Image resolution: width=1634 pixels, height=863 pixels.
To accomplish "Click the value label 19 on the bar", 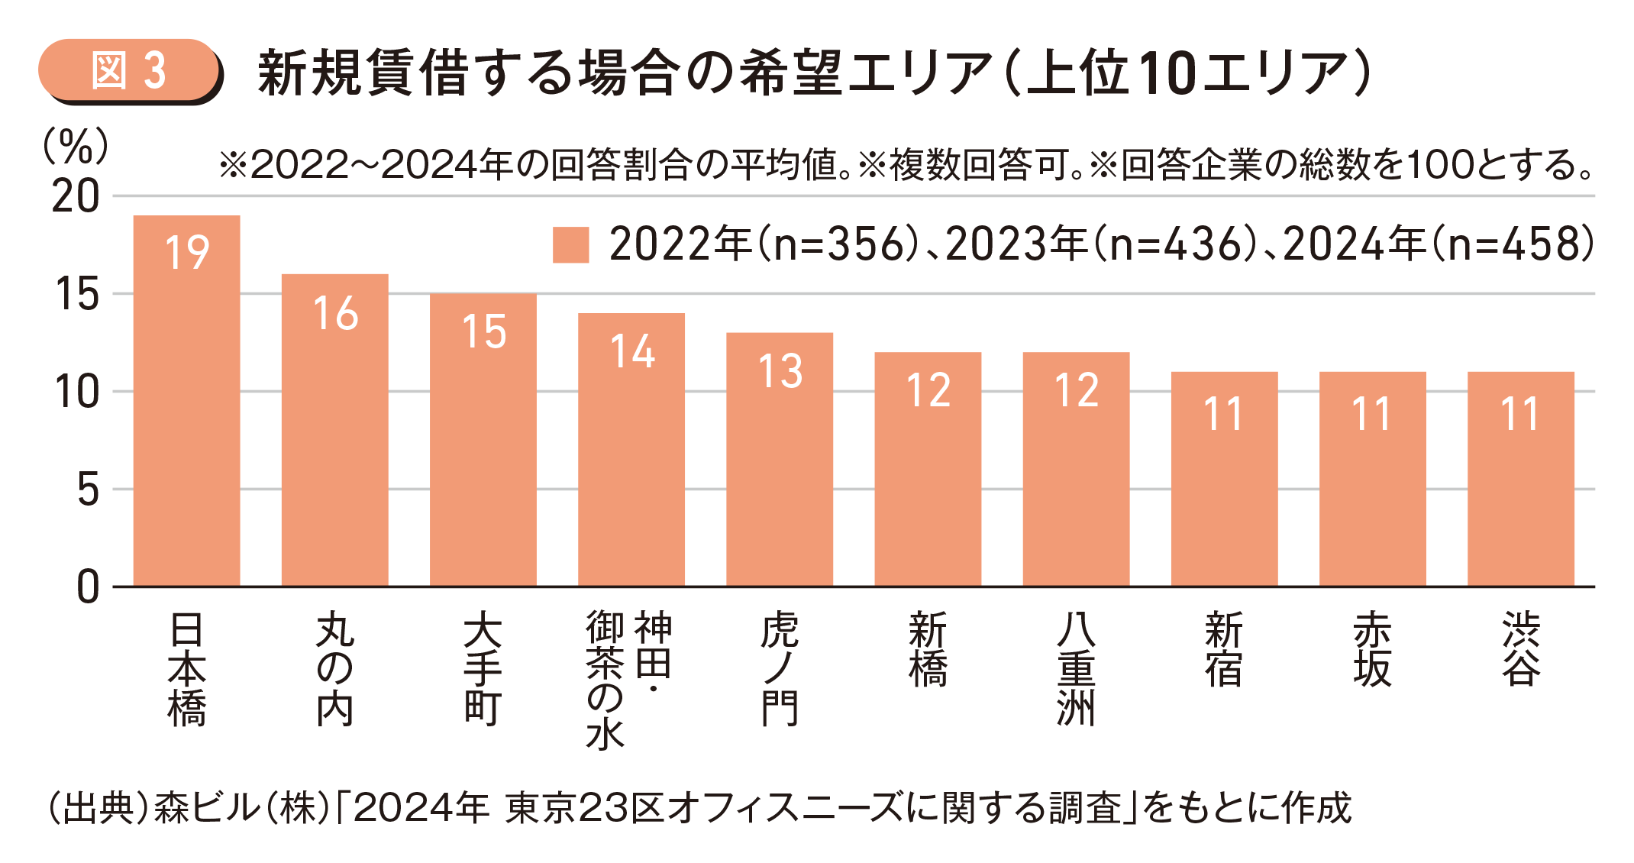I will (x=187, y=253).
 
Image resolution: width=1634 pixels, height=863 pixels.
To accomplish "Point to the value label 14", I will (x=632, y=352).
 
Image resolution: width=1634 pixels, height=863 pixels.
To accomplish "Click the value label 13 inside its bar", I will (x=780, y=372).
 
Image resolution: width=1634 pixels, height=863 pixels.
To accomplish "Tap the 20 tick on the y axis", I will (x=76, y=197).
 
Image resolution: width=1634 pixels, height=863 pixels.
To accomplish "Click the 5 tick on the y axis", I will (x=88, y=490).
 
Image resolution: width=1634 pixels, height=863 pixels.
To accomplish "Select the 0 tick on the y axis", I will (x=88, y=587).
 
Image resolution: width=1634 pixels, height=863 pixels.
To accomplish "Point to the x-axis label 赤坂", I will (x=1372, y=649).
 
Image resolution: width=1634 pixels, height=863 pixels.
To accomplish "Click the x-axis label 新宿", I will (x=1224, y=649).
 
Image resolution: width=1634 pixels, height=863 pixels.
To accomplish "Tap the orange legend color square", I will (x=570, y=245).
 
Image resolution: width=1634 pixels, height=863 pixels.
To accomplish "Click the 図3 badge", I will (x=129, y=71).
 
